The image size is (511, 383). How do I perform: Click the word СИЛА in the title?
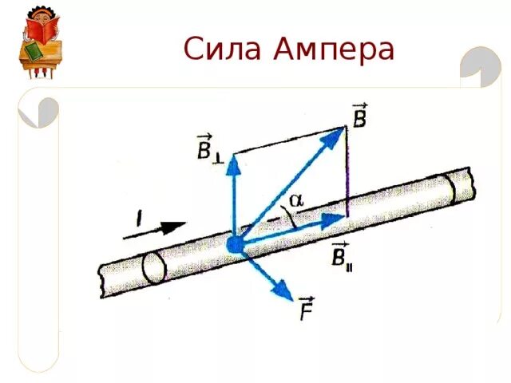coord(222,49)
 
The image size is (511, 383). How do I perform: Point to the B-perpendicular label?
coord(208,149)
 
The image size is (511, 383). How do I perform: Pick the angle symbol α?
coord(296,201)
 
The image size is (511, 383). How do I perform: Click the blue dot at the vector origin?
coord(235,244)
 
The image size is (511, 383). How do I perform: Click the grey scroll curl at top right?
coord(481,64)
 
